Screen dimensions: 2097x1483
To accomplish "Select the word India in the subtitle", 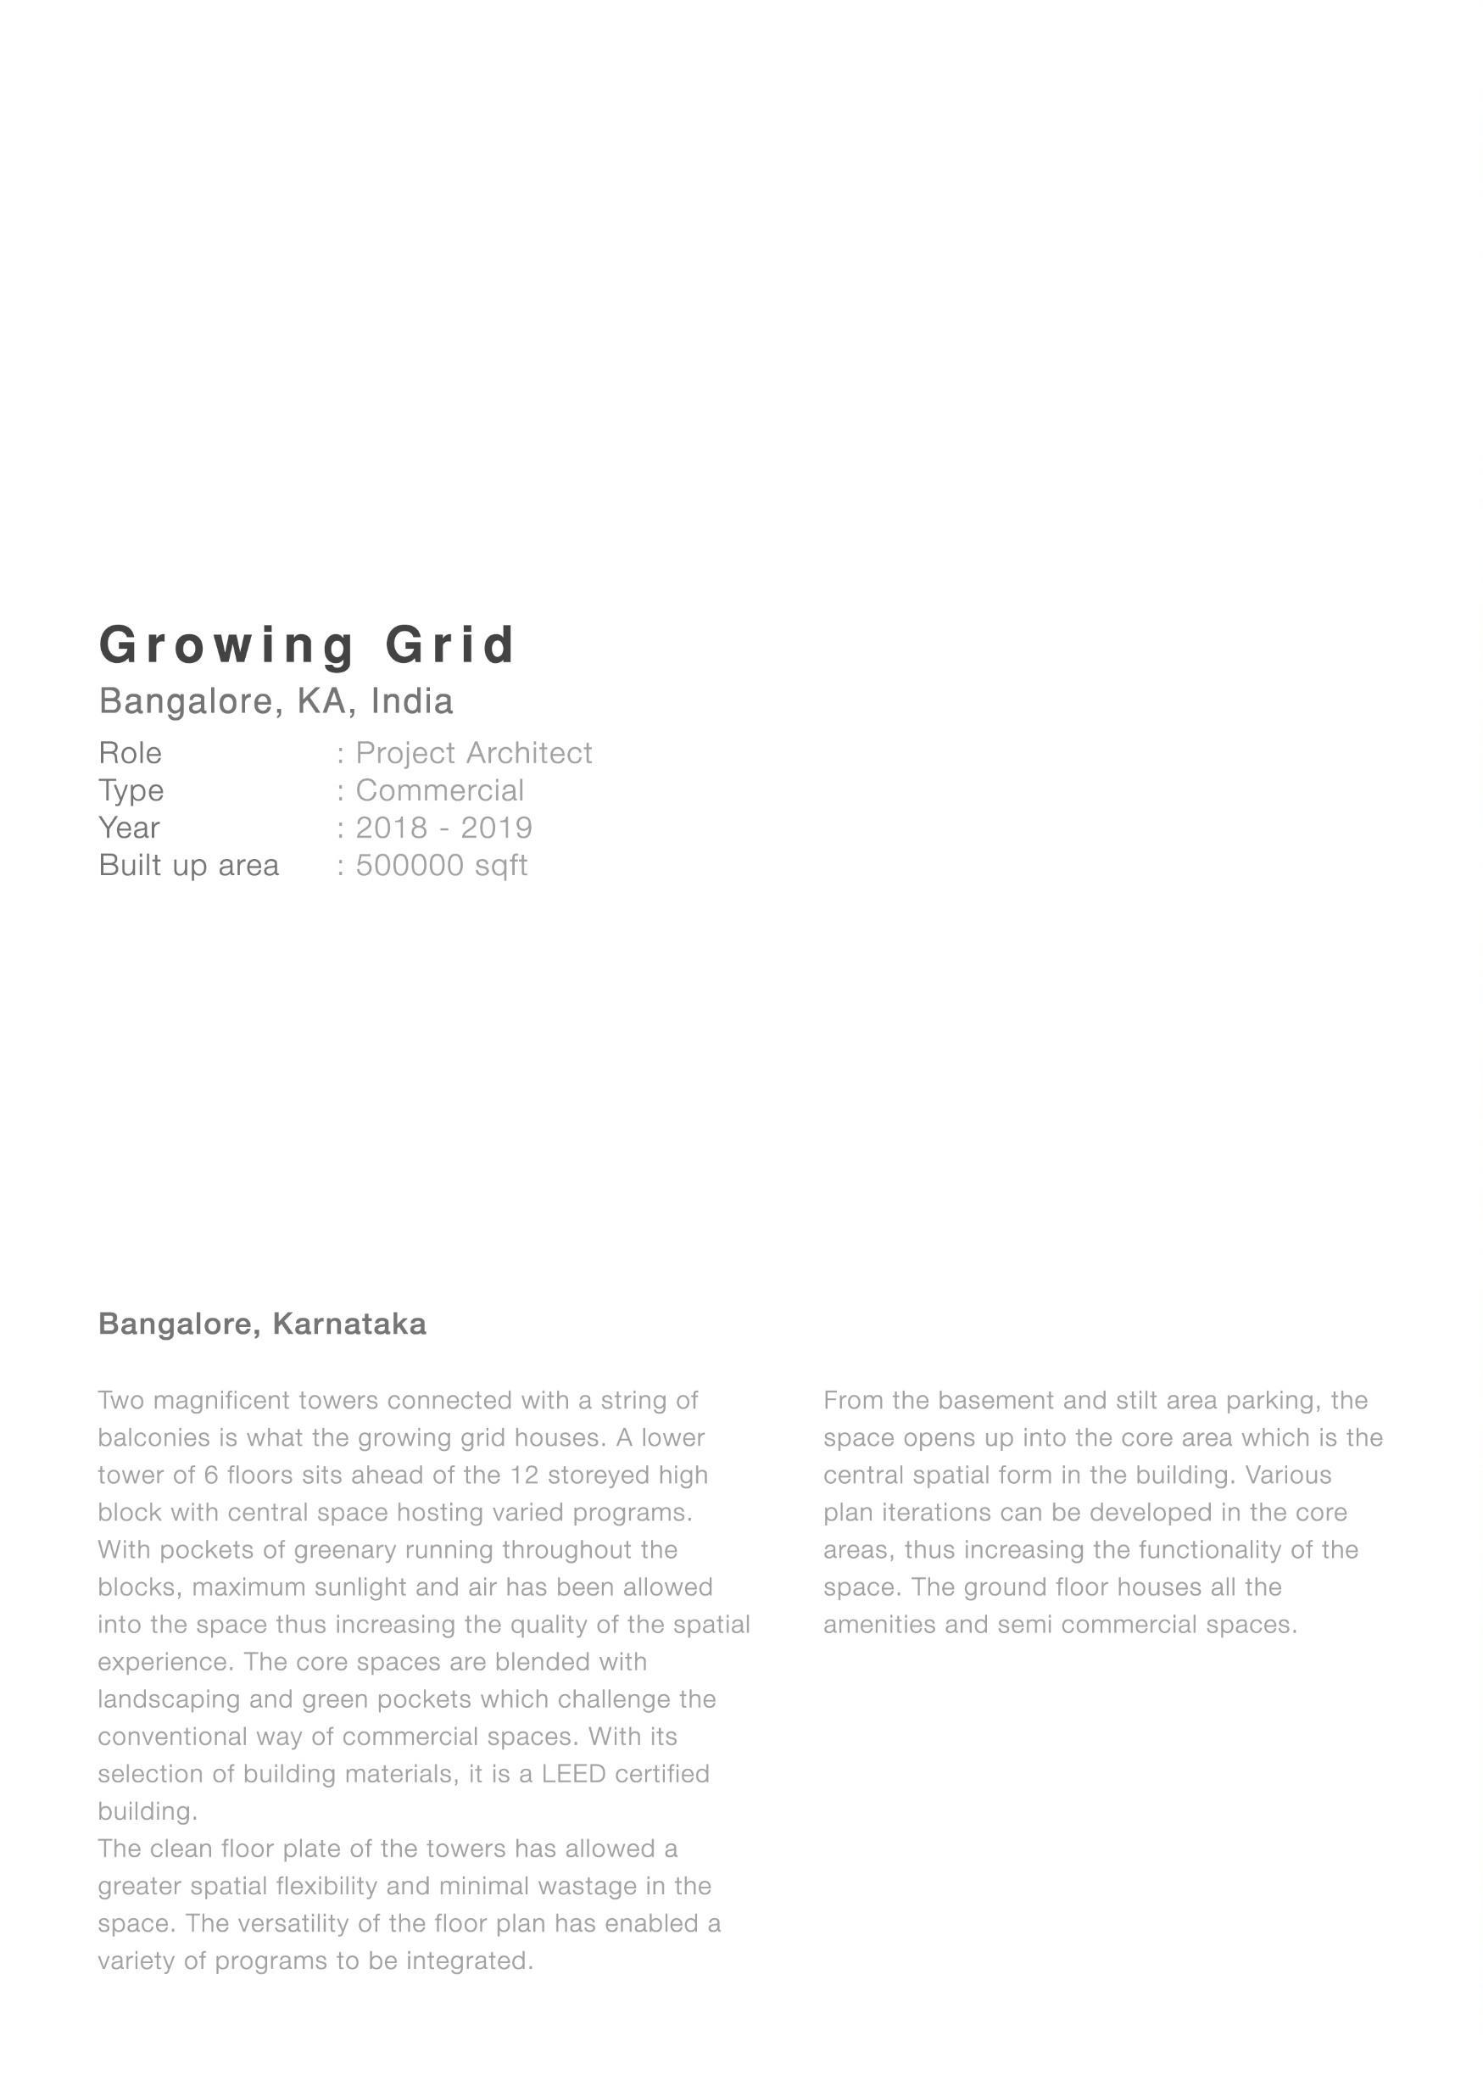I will tap(412, 701).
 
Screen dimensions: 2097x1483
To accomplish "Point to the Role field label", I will tap(131, 754).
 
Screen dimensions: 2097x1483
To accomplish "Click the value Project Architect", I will tap(473, 754).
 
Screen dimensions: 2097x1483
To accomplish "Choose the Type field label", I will tap(131, 791).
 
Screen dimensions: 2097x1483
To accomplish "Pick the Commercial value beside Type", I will tap(439, 791).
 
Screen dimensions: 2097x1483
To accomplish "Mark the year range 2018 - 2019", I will tap(443, 828).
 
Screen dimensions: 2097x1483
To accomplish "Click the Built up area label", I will tap(189, 866).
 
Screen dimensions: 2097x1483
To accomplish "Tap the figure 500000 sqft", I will tap(441, 866).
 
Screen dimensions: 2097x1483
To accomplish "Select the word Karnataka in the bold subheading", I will tap(348, 1325).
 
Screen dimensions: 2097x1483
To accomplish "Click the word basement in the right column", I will tap(995, 1401).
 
